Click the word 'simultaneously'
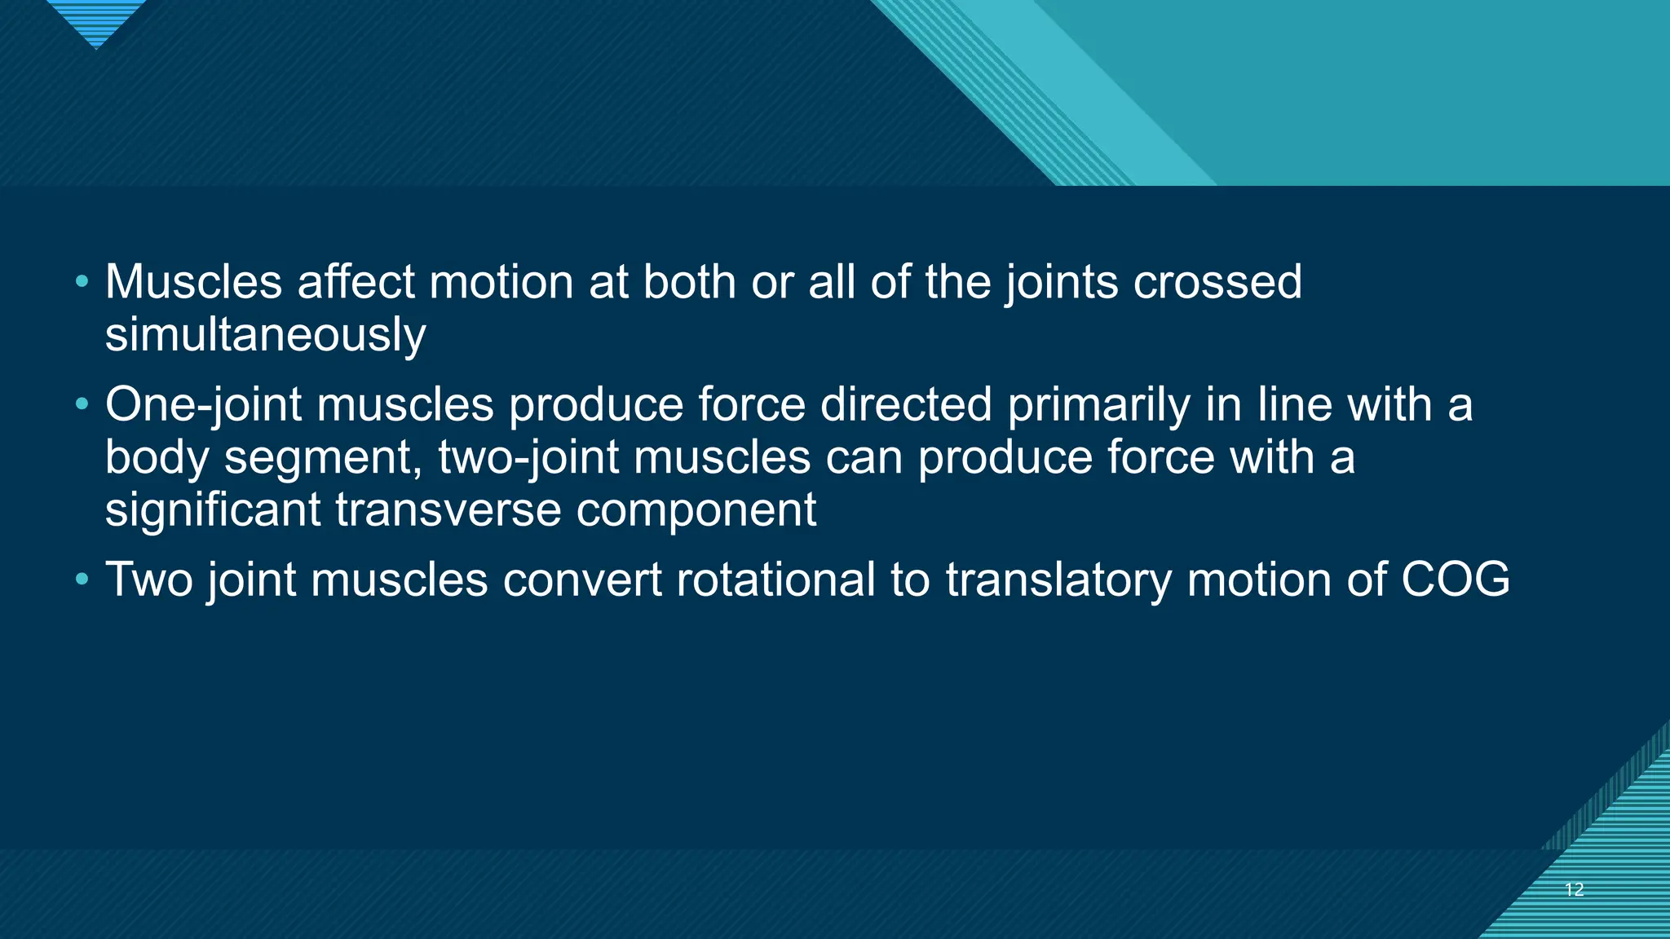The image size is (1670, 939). [265, 335]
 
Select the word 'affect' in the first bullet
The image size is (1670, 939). [356, 282]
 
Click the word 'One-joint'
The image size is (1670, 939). [204, 404]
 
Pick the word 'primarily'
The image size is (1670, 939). [1099, 404]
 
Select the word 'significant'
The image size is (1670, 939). [213, 510]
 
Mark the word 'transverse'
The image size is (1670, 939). [448, 510]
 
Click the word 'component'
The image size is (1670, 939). [696, 510]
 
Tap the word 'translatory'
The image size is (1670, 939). [1058, 580]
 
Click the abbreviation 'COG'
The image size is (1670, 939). [1455, 580]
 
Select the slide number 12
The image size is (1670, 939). [1574, 889]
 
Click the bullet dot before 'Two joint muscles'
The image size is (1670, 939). [81, 580]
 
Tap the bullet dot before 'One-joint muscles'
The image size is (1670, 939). [81, 404]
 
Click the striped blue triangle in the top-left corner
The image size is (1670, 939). [96, 20]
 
